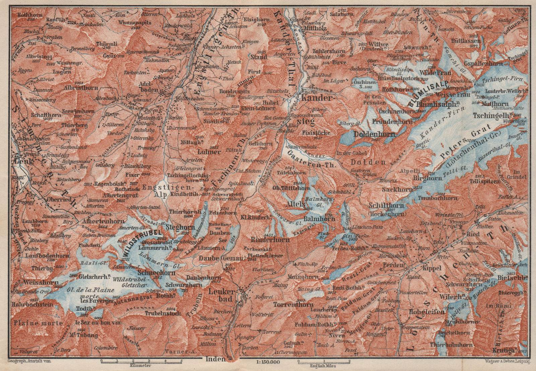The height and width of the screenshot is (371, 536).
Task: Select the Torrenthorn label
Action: click(x=293, y=305)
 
